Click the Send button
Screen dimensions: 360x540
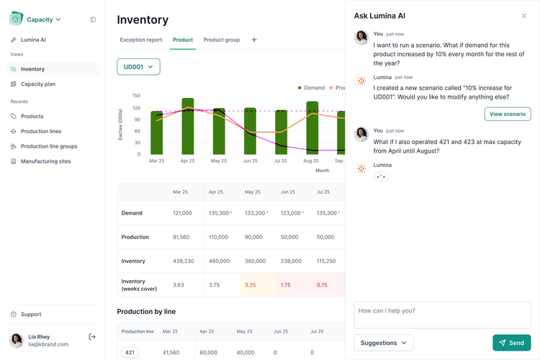pyautogui.click(x=511, y=343)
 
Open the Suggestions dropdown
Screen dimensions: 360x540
pyautogui.click(x=384, y=343)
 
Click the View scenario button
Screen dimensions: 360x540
pyautogui.click(x=508, y=114)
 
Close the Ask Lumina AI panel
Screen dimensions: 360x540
pyautogui.click(x=524, y=16)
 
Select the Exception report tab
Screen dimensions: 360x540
pyautogui.click(x=141, y=40)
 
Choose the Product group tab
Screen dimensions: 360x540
pyautogui.click(x=222, y=40)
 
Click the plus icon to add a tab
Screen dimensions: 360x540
pyautogui.click(x=254, y=40)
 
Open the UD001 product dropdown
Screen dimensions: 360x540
pyautogui.click(x=138, y=67)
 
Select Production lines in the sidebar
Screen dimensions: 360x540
pyautogui.click(x=41, y=131)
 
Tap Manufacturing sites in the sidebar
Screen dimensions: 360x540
pyautogui.click(x=45, y=161)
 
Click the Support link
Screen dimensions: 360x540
pyautogui.click(x=31, y=314)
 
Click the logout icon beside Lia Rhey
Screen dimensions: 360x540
pyautogui.click(x=92, y=336)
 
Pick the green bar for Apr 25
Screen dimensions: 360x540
pyautogui.click(x=188, y=126)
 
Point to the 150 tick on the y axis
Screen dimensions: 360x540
pyautogui.click(x=136, y=96)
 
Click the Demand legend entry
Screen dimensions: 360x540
pyautogui.click(x=311, y=88)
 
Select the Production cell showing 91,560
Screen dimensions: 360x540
pyautogui.click(x=181, y=237)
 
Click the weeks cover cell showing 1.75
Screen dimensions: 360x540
pyautogui.click(x=286, y=284)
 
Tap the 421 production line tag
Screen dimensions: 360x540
pyautogui.click(x=130, y=353)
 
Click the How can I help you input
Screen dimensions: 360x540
pyautogui.click(x=442, y=315)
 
